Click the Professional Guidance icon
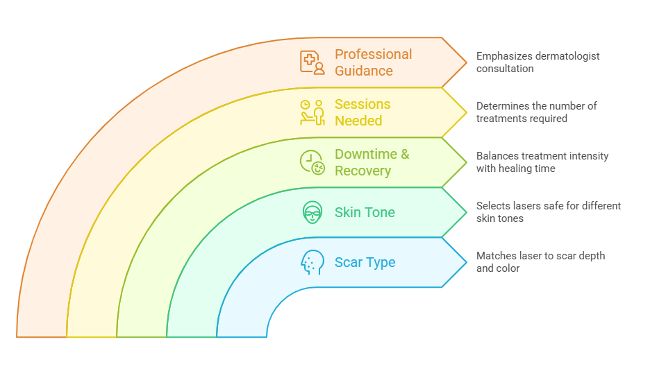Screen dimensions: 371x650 (x=312, y=62)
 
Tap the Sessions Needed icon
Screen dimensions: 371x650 (x=312, y=112)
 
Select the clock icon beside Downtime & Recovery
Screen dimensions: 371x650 (x=312, y=162)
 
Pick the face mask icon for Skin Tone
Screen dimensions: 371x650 (x=312, y=212)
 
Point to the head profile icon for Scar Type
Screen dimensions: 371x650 (x=312, y=262)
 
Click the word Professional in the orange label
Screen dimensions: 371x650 (x=373, y=54)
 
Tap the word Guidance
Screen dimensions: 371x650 (x=363, y=71)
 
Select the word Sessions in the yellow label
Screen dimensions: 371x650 (x=362, y=104)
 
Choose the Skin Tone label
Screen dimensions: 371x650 (x=365, y=212)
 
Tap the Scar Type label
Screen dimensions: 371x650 (x=365, y=262)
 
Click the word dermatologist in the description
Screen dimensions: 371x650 (x=565, y=56)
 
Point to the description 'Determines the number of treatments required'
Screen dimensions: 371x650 (x=535, y=112)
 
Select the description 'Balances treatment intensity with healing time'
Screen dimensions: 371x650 (x=542, y=162)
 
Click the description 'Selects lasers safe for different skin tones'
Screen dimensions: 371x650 (x=548, y=212)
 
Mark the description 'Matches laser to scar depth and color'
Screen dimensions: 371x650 (x=540, y=262)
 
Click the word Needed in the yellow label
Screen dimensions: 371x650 (x=358, y=121)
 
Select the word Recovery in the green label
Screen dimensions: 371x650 (x=362, y=171)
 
